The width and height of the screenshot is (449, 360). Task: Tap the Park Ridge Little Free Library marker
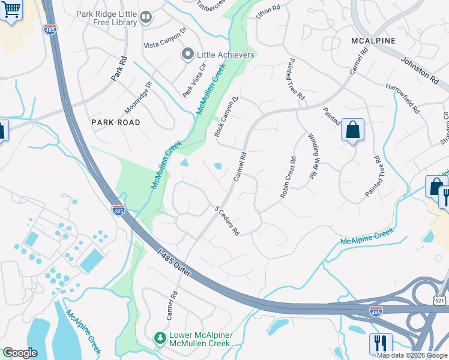pyautogui.click(x=146, y=18)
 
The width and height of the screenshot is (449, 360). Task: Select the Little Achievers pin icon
pyautogui.click(x=187, y=55)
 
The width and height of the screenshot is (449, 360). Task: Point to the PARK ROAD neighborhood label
pyautogui.click(x=115, y=122)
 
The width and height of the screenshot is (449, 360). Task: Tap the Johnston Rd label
pyautogui.click(x=420, y=69)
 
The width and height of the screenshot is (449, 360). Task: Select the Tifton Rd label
pyautogui.click(x=268, y=12)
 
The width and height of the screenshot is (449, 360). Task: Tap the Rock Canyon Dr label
pyautogui.click(x=227, y=116)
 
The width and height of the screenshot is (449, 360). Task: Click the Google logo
pyautogui.click(x=20, y=353)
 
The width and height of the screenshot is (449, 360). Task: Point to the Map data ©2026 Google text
pyautogui.click(x=412, y=355)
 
